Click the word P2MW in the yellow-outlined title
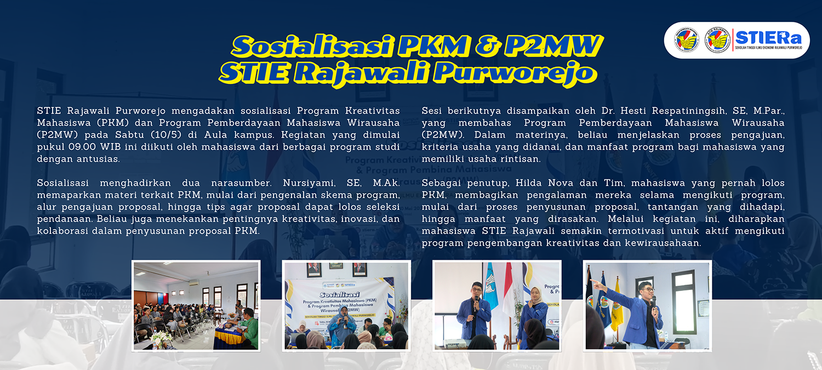click(553, 46)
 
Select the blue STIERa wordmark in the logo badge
click(768, 38)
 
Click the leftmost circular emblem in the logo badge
click(687, 40)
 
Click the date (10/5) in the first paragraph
click(166, 135)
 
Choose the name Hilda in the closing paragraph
click(528, 183)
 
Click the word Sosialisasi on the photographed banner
click(340, 294)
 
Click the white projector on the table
click(454, 343)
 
